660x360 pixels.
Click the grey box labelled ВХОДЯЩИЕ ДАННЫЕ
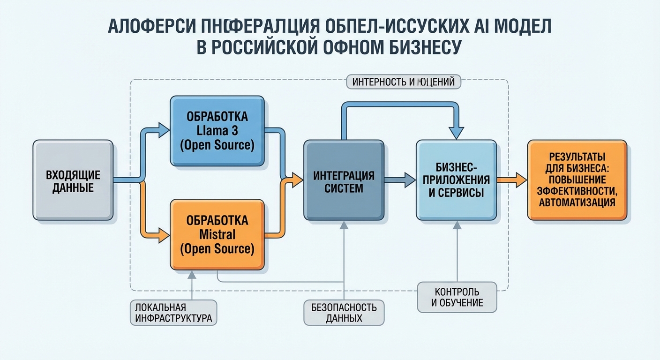pos(73,180)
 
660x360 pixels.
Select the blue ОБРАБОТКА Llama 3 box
pos(217,131)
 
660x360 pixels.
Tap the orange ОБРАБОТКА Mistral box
pos(217,234)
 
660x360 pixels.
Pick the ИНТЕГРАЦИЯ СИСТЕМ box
pos(343,180)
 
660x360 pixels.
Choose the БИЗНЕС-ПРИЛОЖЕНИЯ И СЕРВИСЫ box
pos(456,180)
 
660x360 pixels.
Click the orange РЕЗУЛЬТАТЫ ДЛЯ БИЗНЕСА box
pos(577,180)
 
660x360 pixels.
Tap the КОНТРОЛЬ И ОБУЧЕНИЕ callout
pos(457,297)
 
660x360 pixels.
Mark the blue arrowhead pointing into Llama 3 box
pos(164,130)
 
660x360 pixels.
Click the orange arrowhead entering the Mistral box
pos(164,234)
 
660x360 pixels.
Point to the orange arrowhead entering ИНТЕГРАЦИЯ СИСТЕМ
pos(297,180)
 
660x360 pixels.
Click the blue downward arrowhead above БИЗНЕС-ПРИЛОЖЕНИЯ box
pos(456,133)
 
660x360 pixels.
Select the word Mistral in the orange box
pos(217,234)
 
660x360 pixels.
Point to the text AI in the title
pos(479,27)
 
